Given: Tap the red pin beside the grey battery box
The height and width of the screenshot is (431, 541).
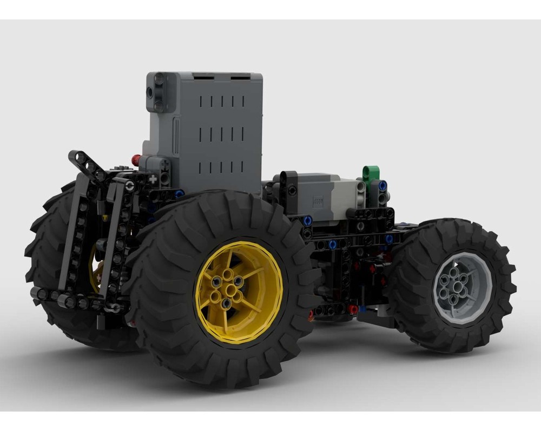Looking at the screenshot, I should coord(136,160).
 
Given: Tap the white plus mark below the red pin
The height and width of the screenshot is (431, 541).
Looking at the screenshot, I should coord(153,177).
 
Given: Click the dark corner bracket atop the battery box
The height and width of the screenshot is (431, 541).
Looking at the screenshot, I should coord(158,92).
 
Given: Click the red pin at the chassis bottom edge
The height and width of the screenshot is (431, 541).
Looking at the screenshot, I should coord(352,309).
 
